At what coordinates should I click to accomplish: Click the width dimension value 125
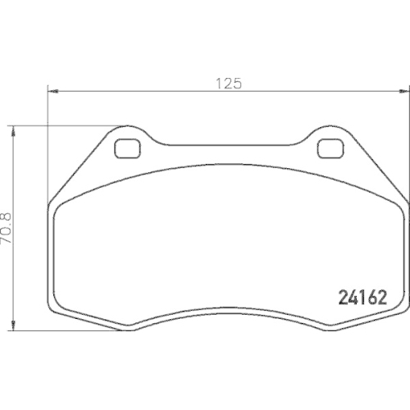click(x=228, y=83)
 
